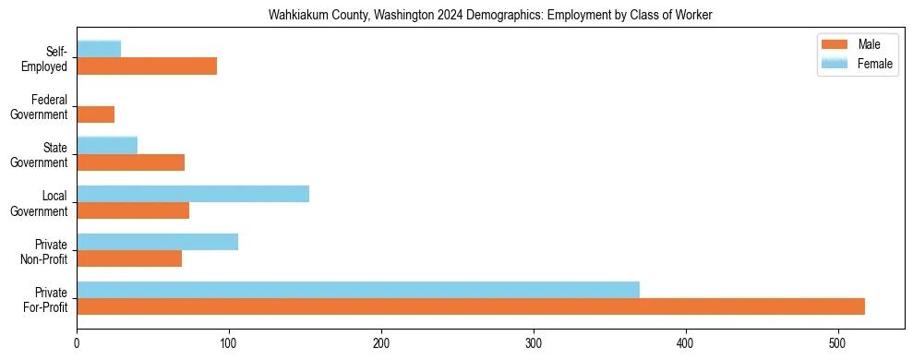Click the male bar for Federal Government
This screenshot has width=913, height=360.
click(96, 114)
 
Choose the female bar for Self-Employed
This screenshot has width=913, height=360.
click(99, 49)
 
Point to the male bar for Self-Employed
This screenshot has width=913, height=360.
click(147, 66)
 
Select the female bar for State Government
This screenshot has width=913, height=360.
click(107, 145)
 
